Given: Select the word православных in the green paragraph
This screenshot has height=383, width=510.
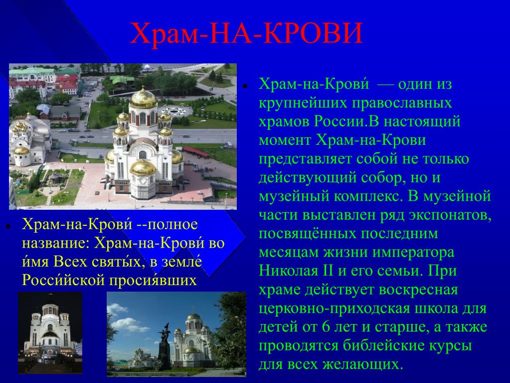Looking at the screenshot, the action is click(x=402, y=103).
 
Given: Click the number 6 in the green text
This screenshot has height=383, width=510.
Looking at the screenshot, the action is click(x=326, y=327).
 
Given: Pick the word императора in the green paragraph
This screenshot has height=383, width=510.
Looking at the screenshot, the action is click(x=413, y=253).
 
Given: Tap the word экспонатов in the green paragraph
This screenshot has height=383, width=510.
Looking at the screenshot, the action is click(x=450, y=215).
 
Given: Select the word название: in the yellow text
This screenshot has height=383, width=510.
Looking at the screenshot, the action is click(x=56, y=243).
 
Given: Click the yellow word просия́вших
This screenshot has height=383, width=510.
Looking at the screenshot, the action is click(x=153, y=280).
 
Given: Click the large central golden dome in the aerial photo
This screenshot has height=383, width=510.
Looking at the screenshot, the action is click(x=143, y=98).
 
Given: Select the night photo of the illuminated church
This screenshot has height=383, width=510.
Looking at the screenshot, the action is click(x=50, y=333).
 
